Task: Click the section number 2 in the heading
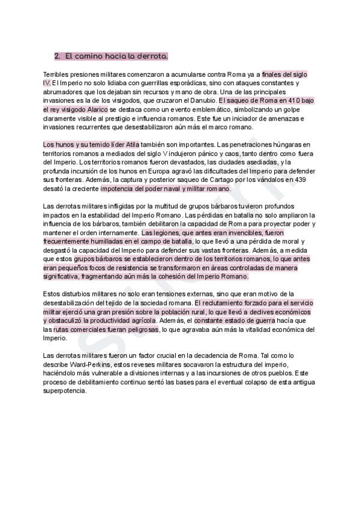57,56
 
